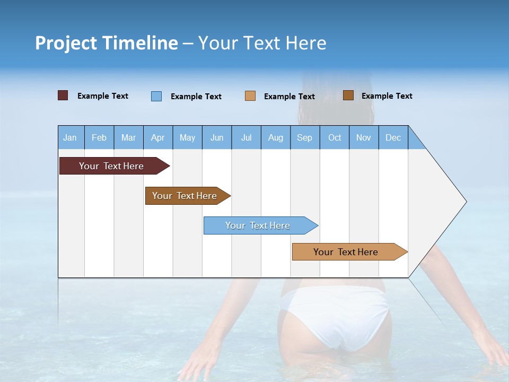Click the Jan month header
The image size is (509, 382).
(71, 137)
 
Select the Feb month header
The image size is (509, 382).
(99, 137)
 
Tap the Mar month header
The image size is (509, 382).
(128, 137)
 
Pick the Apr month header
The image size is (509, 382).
(158, 137)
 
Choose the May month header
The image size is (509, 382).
(187, 137)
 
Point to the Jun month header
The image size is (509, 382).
(217, 137)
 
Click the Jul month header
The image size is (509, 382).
(246, 137)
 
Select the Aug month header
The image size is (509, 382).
(276, 137)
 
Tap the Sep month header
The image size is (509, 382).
(305, 137)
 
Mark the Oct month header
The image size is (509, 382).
(335, 137)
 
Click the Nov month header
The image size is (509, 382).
(364, 137)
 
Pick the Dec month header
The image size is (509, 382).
(393, 137)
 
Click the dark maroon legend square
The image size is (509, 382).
(63, 95)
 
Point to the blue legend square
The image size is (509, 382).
(156, 96)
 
